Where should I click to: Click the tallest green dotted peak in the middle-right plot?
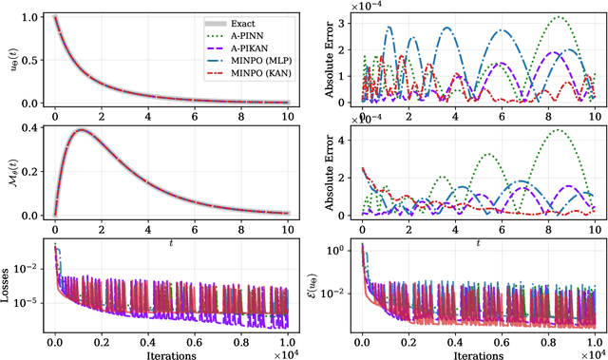click(x=555, y=131)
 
